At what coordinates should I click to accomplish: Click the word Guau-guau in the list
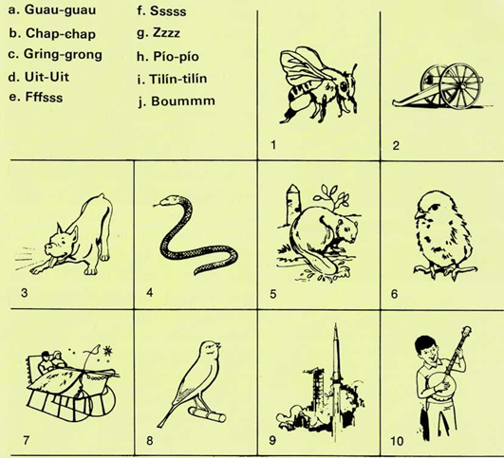(x=60, y=9)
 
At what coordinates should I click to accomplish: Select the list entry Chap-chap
(x=61, y=34)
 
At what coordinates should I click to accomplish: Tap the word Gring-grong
(x=63, y=55)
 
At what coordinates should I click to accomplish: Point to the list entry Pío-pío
(x=176, y=57)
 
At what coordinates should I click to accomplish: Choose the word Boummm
(x=183, y=101)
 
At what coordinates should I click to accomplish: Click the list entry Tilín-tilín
(x=178, y=79)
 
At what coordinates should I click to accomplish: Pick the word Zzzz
(x=166, y=33)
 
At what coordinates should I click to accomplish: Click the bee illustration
(x=318, y=85)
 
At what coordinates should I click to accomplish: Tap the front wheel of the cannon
(x=460, y=85)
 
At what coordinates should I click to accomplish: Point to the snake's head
(x=166, y=201)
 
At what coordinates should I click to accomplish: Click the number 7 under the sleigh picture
(x=26, y=440)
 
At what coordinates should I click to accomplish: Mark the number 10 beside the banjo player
(x=397, y=441)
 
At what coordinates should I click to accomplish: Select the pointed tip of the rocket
(x=336, y=325)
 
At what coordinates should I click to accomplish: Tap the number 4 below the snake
(x=149, y=293)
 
